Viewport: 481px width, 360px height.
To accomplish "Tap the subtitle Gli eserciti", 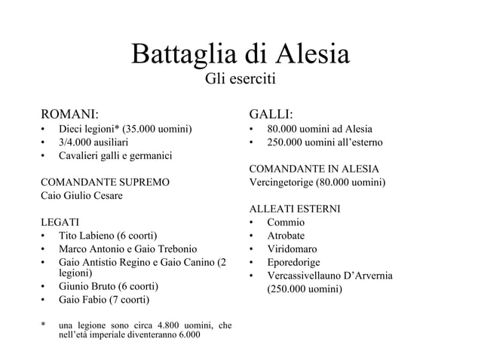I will [240, 79].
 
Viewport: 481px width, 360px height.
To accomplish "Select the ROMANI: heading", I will [69, 114].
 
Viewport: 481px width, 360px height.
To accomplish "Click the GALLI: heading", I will [271, 114].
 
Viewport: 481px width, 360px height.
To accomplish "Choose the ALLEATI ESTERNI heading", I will [295, 209].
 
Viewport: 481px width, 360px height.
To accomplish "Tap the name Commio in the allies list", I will [286, 222].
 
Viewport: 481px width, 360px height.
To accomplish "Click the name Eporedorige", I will [293, 262].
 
